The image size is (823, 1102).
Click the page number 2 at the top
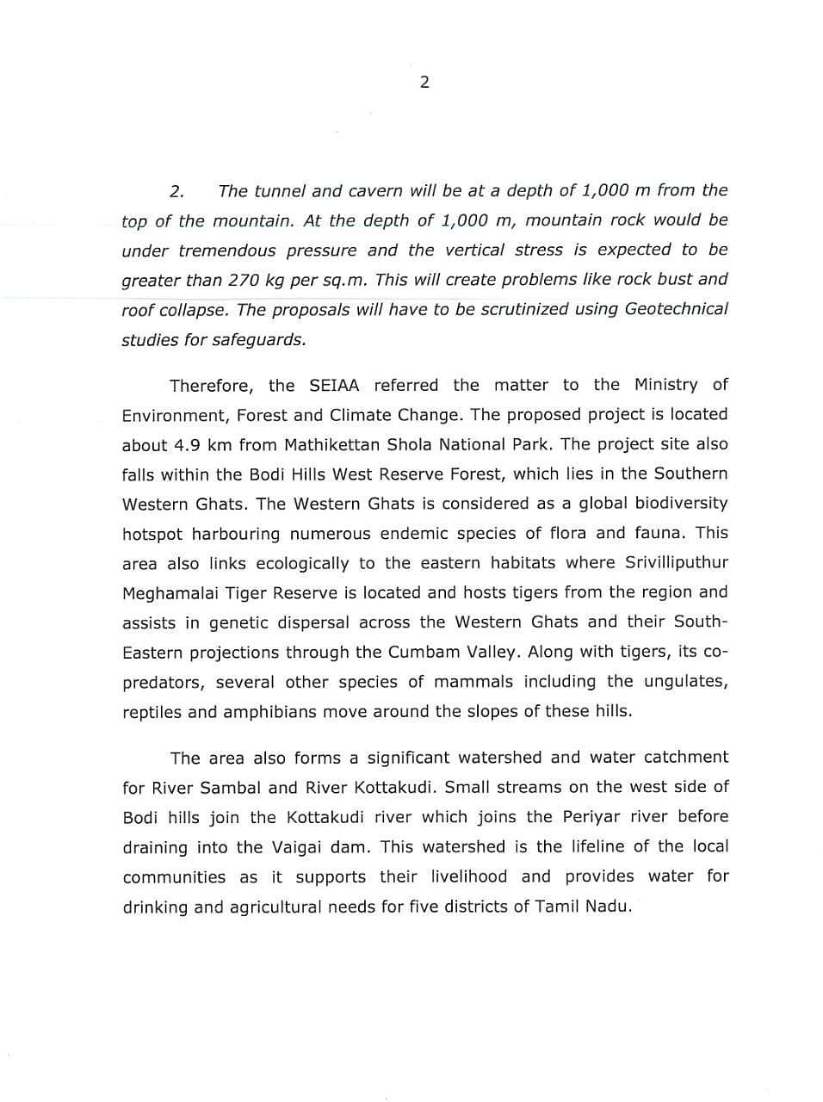pos(424,83)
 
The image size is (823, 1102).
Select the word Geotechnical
pos(676,309)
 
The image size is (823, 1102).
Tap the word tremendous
pos(226,251)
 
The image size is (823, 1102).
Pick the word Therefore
pos(210,385)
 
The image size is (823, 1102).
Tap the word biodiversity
pos(678,504)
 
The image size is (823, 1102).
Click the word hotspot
pos(152,534)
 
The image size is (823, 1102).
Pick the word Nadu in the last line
pos(610,907)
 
